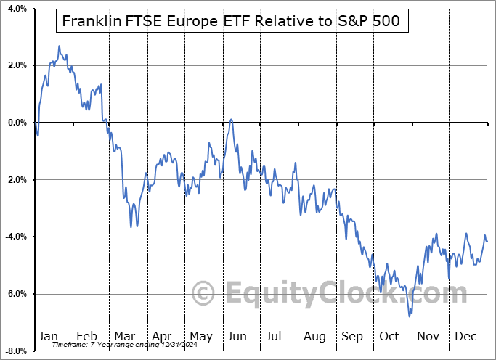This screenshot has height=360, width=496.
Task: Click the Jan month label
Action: (x=49, y=336)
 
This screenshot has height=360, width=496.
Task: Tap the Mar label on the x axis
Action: (x=124, y=336)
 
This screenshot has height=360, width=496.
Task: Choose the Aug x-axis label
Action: (x=315, y=336)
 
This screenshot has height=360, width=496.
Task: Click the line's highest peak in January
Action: (x=59, y=46)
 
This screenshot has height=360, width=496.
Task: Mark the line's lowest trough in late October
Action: (x=410, y=316)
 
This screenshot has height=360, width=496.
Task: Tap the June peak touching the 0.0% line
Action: (x=231, y=120)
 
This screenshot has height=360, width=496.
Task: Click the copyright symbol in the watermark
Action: (x=204, y=293)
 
